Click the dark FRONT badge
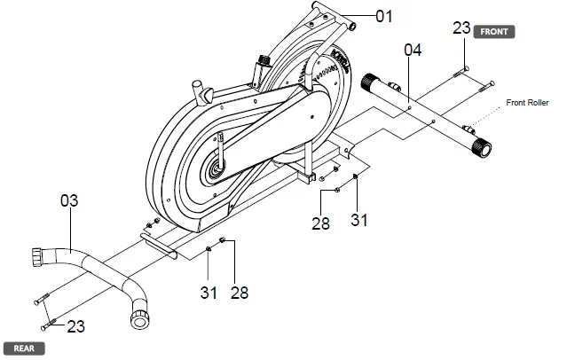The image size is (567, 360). [x=493, y=31]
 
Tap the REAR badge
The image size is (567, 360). [x=23, y=348]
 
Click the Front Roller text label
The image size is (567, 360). [x=528, y=103]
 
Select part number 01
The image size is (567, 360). [x=383, y=15]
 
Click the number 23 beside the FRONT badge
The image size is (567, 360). [x=461, y=28]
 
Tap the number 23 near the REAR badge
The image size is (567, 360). [x=76, y=326]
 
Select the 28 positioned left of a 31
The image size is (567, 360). [x=320, y=223]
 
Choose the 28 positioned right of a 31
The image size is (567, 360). [x=238, y=291]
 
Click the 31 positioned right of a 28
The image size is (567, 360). [x=358, y=218]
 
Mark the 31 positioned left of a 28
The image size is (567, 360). [x=206, y=291]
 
